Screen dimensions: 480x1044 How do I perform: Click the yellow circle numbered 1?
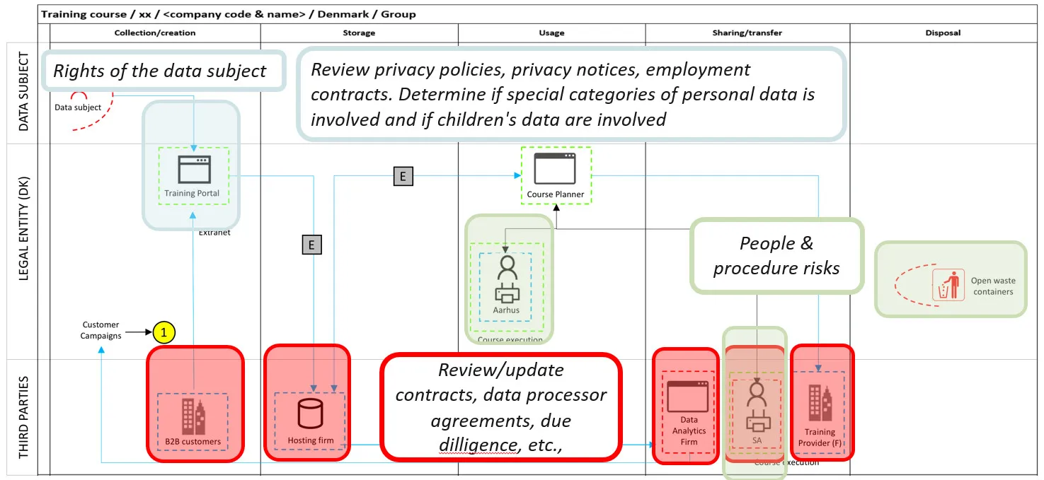tap(164, 332)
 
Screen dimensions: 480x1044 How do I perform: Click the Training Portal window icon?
tap(193, 170)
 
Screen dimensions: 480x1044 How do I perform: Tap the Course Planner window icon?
tap(555, 168)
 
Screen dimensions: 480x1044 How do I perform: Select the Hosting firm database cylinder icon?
tap(310, 414)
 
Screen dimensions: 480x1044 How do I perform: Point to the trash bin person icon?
tap(948, 285)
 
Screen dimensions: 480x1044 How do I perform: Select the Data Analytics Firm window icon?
tap(688, 397)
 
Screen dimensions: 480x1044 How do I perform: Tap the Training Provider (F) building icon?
tap(819, 403)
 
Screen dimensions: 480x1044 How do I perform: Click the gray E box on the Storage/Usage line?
tap(403, 176)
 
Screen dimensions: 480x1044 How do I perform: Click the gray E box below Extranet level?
tap(311, 245)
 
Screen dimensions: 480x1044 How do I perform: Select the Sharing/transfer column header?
tap(747, 33)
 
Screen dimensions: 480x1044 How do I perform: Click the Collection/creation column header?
tap(155, 33)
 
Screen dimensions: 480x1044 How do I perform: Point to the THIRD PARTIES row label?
tap(23, 417)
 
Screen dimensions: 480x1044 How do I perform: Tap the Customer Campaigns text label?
tap(101, 330)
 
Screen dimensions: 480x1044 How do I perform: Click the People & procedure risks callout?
tap(776, 256)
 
